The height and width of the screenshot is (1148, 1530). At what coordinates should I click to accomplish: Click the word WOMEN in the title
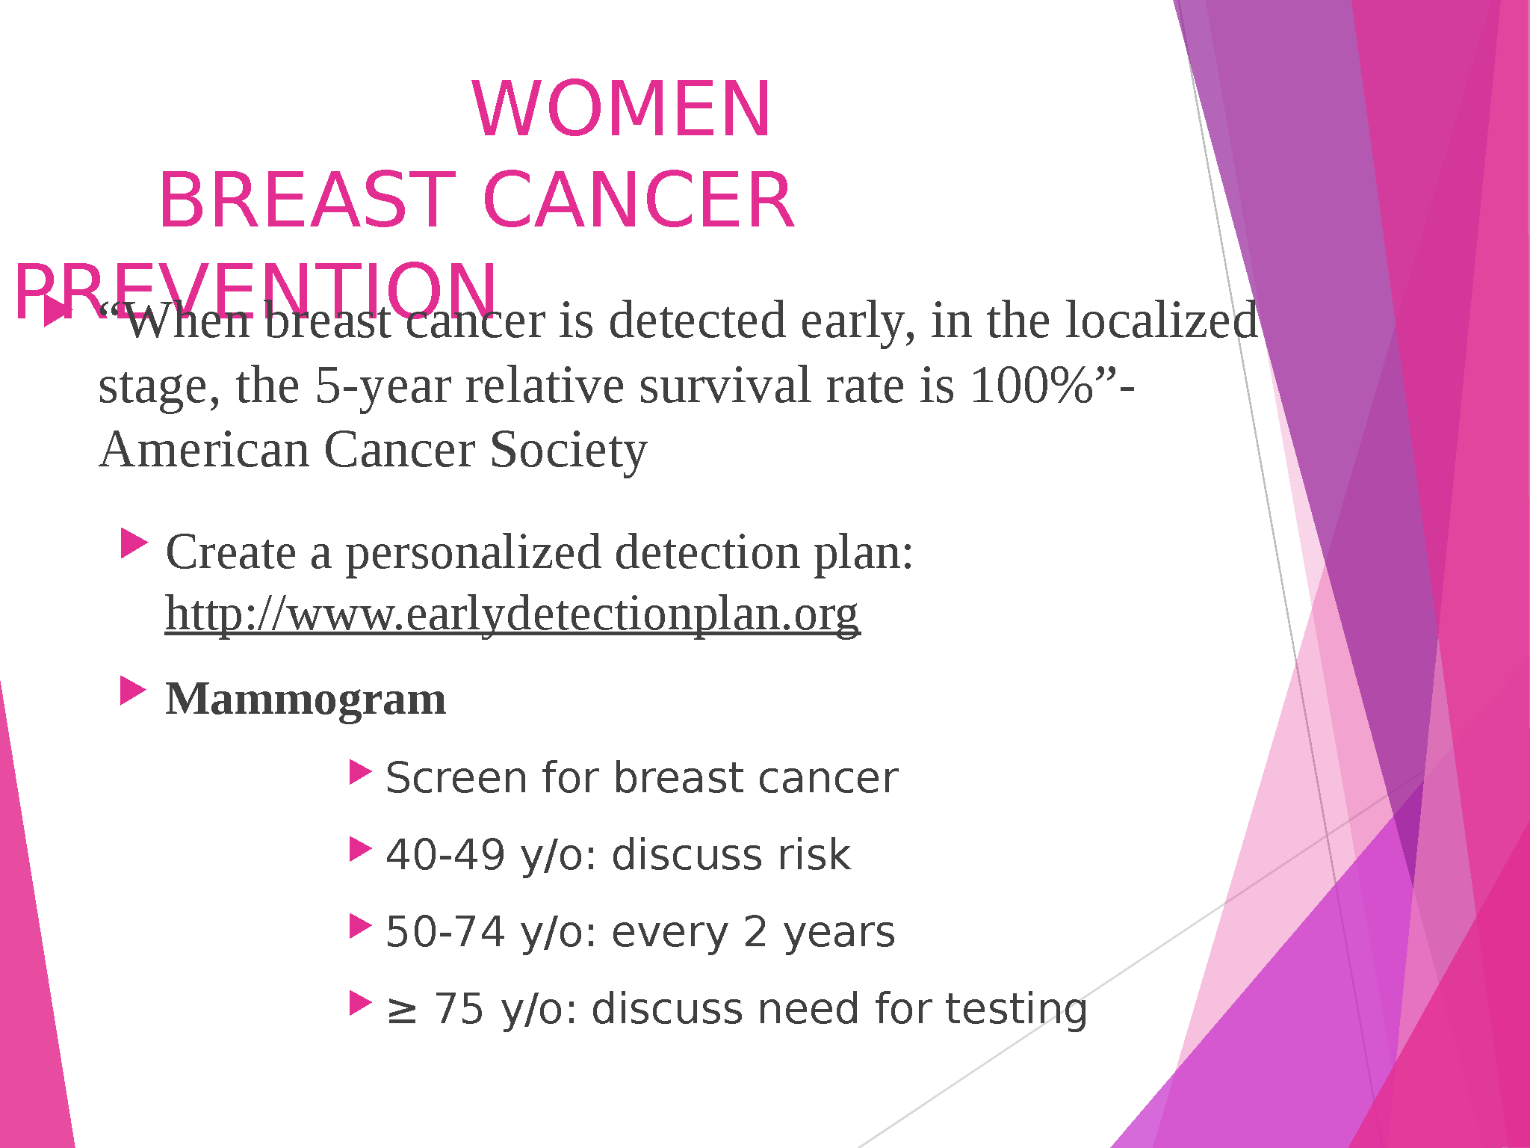pos(622,109)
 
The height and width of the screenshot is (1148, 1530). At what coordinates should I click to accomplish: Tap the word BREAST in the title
pos(307,200)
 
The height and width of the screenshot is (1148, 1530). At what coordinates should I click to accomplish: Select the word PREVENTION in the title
pos(255,291)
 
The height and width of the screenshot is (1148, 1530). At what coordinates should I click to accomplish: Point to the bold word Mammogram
pos(306,700)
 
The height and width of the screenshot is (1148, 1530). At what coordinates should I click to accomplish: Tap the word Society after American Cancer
pos(569,451)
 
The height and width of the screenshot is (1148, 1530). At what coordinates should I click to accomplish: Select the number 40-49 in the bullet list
pos(445,854)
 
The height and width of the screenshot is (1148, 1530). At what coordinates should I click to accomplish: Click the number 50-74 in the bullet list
pos(445,932)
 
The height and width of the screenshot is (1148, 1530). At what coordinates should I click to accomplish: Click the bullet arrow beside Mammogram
pos(133,691)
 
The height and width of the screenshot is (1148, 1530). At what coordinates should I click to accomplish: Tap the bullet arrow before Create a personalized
pos(134,543)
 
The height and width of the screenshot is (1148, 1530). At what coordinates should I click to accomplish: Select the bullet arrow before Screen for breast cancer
pos(360,773)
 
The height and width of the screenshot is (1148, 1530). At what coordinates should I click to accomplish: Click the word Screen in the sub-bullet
pos(456,777)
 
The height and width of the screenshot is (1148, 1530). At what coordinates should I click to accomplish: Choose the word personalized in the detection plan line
pos(473,554)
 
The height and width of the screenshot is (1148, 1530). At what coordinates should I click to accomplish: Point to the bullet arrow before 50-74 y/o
pos(360,927)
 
